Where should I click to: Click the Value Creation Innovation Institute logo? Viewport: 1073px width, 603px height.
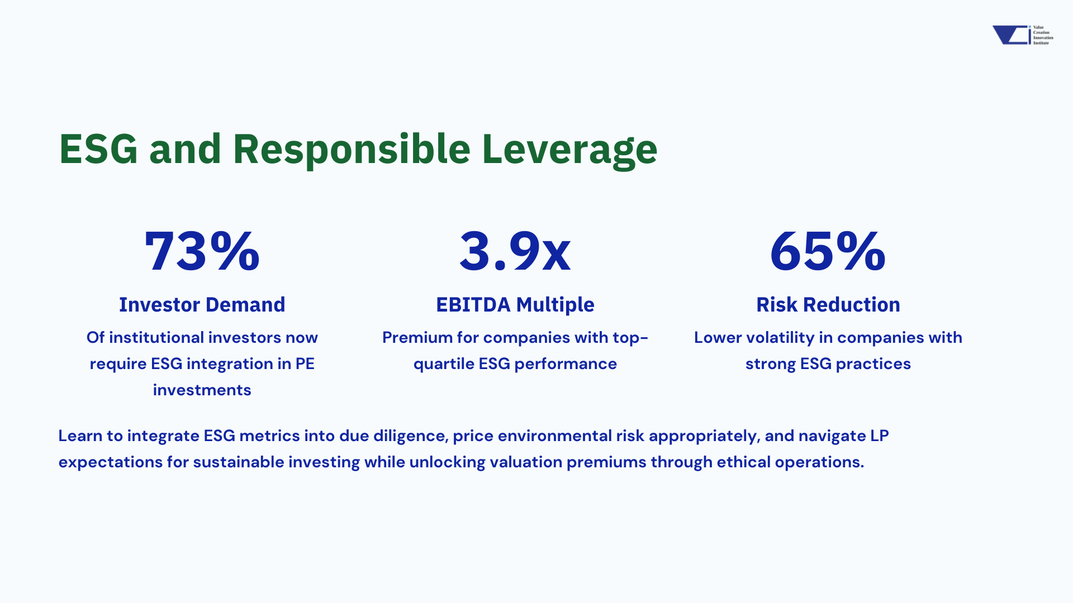tap(1022, 35)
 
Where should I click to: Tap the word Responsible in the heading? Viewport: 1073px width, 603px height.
tap(351, 150)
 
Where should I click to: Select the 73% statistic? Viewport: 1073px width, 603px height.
tap(202, 251)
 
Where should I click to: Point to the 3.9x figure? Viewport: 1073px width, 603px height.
tap(515, 251)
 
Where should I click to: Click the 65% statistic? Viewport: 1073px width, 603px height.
tap(828, 251)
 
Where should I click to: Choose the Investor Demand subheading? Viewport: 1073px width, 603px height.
tap(202, 305)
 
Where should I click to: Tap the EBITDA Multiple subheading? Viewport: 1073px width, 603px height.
tap(515, 305)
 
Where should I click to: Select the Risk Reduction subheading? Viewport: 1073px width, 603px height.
tap(828, 305)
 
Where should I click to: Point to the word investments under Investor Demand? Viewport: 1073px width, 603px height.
tap(202, 390)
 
